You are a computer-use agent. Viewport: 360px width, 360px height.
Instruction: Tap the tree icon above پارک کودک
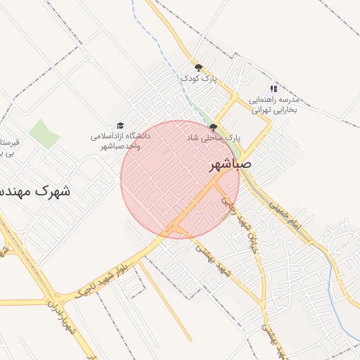[x=199, y=68]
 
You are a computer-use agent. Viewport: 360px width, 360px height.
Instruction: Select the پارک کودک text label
[x=199, y=79]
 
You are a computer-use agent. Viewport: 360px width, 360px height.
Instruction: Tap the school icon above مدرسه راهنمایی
[x=274, y=89]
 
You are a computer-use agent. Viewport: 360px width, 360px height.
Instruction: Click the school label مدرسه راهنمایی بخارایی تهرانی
[x=275, y=105]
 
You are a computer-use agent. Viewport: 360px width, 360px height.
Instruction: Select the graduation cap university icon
[x=120, y=124]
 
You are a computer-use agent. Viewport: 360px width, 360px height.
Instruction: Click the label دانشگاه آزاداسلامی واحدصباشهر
[x=120, y=140]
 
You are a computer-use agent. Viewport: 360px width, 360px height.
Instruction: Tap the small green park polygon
[x=44, y=134]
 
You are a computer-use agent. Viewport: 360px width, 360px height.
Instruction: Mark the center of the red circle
[x=180, y=179]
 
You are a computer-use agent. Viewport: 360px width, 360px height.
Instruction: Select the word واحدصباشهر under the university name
[x=122, y=146]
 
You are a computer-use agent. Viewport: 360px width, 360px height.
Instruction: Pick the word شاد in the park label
[x=193, y=138]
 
